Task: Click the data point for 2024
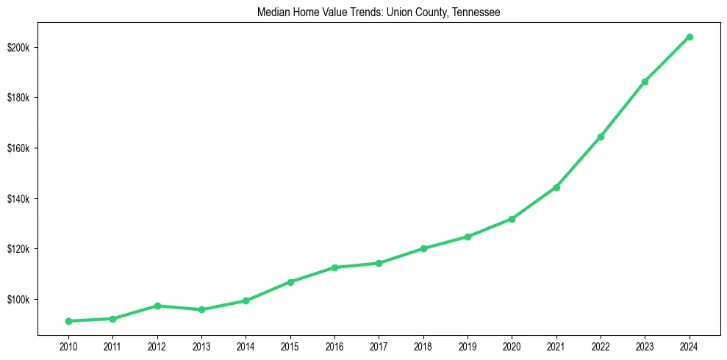pyautogui.click(x=689, y=37)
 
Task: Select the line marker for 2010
pyautogui.click(x=68, y=321)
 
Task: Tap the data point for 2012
pyautogui.click(x=157, y=306)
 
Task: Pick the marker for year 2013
pyautogui.click(x=201, y=309)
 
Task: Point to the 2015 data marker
pyautogui.click(x=290, y=282)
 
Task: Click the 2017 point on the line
pyautogui.click(x=379, y=263)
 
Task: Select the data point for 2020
pyautogui.click(x=512, y=219)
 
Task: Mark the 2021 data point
pyautogui.click(x=556, y=187)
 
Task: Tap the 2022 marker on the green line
pyautogui.click(x=601, y=137)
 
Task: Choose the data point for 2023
pyautogui.click(x=645, y=82)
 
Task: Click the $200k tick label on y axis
pyautogui.click(x=18, y=48)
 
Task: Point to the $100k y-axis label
pyautogui.click(x=18, y=300)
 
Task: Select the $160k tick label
pyautogui.click(x=18, y=148)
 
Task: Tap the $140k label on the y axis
pyautogui.click(x=18, y=199)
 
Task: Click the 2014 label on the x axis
pyautogui.click(x=246, y=345)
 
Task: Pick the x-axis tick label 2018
pyautogui.click(x=423, y=345)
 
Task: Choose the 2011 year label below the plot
pyautogui.click(x=112, y=345)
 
